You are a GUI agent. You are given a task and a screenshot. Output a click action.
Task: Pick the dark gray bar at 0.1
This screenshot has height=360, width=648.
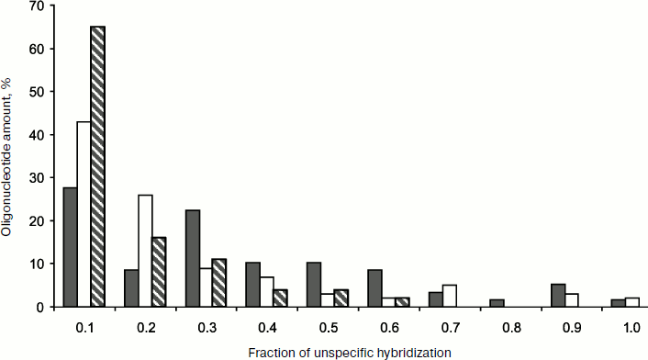[70, 247]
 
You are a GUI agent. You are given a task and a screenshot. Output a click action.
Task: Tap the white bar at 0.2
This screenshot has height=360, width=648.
[145, 251]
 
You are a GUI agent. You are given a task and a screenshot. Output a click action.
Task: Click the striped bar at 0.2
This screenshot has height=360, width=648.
[159, 272]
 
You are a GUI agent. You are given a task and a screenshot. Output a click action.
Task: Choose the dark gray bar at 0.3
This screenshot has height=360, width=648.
[193, 258]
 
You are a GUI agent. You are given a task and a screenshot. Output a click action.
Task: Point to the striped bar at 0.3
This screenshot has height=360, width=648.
[219, 283]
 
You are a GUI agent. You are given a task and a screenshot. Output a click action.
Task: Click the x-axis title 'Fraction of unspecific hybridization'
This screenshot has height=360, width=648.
[344, 352]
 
